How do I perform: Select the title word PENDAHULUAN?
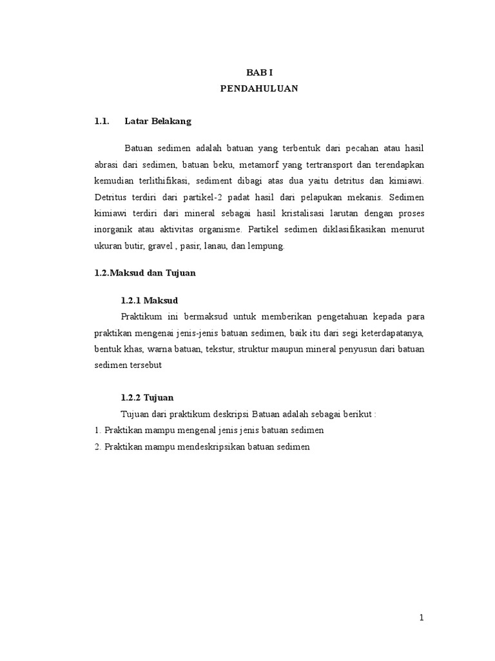click(259, 90)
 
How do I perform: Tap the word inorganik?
click(114, 230)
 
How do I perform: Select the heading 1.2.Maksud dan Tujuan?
click(144, 273)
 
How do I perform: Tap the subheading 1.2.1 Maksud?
click(150, 301)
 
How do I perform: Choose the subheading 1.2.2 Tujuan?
click(148, 398)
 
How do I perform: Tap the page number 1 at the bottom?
click(422, 618)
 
